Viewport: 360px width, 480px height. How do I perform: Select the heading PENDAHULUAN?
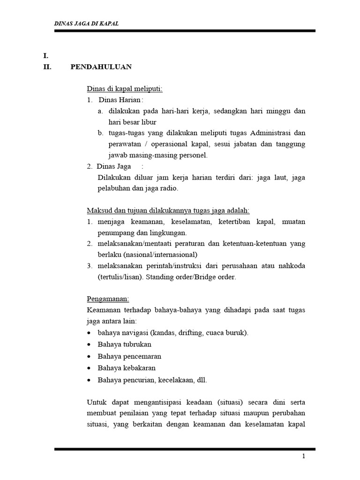tap(101, 67)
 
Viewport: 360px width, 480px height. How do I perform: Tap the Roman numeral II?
tap(47, 67)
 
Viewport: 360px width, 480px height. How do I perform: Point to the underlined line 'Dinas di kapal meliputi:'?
tap(125, 89)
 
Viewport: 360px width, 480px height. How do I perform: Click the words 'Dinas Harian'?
tap(120, 100)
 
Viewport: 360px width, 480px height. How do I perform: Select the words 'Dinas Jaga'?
tap(114, 166)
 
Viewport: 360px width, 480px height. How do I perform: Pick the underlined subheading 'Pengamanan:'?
tap(108, 299)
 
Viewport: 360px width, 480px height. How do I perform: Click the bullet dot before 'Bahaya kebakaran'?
tap(89, 368)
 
